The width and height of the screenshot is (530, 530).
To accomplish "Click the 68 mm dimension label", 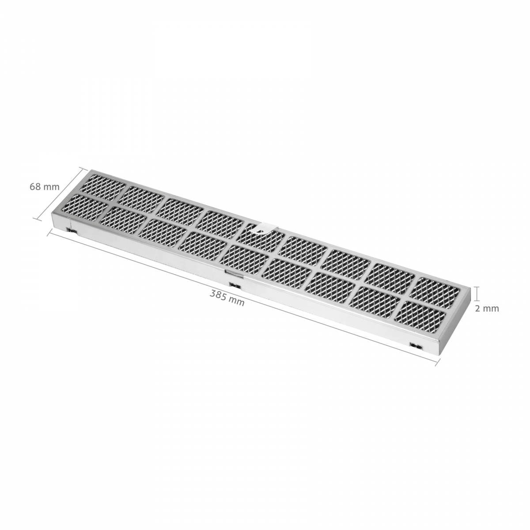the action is [x=45, y=187].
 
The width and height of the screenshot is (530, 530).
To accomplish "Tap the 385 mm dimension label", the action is [x=227, y=298].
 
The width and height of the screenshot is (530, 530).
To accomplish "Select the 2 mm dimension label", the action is [x=487, y=309].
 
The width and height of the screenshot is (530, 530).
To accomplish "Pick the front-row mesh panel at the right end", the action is [x=420, y=316].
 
